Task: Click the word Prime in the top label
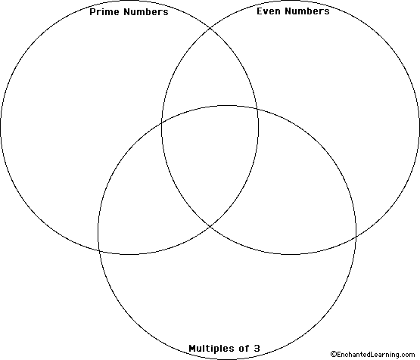104,12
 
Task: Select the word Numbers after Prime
146,12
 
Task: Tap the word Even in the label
269,11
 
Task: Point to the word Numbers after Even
307,11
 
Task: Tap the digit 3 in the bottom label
257,349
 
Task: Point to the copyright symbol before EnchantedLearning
334,355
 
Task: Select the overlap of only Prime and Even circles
210,75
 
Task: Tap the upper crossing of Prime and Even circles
210,27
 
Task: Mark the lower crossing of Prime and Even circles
210,227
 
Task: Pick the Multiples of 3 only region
228,294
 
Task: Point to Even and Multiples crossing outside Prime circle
356,237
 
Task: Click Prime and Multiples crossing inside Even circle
257,109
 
